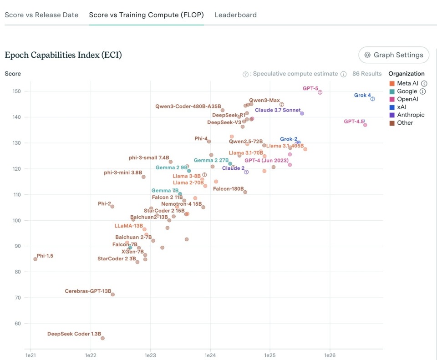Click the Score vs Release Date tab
(41, 15)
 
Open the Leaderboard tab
(235, 15)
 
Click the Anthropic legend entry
(410, 115)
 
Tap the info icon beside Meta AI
(424, 83)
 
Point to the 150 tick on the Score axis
(17, 91)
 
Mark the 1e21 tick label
(30, 355)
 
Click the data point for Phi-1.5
(35, 259)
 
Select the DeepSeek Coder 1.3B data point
(102, 338)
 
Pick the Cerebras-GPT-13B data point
(113, 294)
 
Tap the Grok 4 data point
(373, 99)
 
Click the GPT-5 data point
(320, 92)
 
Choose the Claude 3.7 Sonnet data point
(302, 113)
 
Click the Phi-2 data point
(112, 207)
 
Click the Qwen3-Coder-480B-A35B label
(186, 106)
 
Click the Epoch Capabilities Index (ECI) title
(63, 55)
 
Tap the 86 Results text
(367, 74)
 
